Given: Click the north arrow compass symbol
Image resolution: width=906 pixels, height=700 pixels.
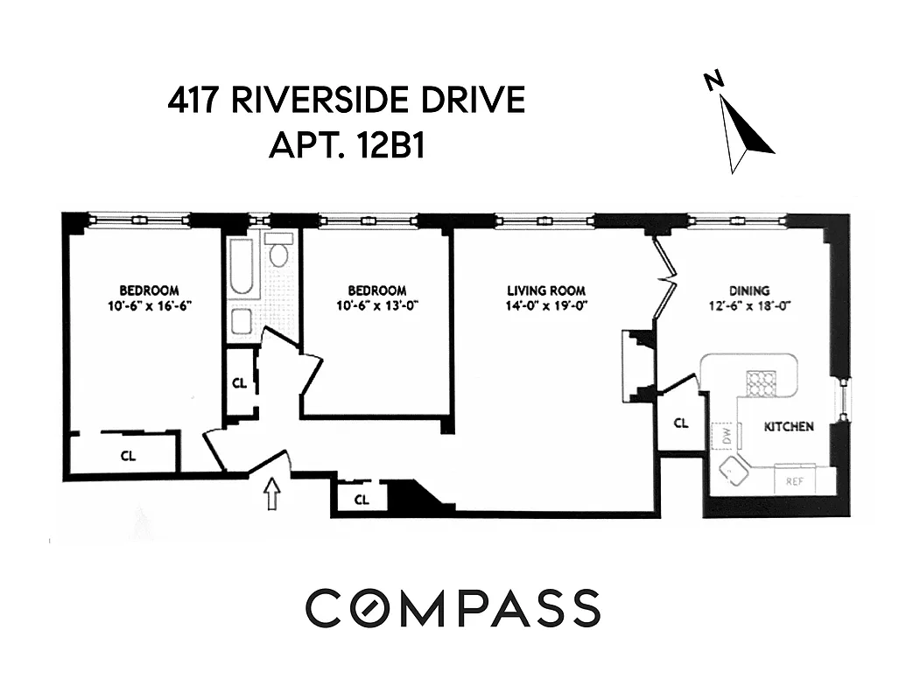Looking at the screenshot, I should [x=744, y=131].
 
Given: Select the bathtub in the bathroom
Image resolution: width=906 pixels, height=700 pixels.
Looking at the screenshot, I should [x=242, y=266].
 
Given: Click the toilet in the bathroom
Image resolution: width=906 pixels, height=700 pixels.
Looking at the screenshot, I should [x=279, y=254].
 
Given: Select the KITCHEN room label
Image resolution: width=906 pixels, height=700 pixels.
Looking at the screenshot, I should [x=789, y=427].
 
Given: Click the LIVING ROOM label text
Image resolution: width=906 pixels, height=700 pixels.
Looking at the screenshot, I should [x=546, y=290].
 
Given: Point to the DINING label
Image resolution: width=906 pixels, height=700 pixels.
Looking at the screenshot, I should [x=749, y=290].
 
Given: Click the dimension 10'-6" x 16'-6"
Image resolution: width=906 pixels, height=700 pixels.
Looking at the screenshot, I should [x=149, y=306].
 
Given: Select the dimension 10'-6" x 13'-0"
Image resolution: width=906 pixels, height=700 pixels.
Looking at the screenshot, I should [x=376, y=306].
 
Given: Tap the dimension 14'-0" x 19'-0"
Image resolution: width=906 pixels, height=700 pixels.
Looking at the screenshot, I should [x=546, y=306].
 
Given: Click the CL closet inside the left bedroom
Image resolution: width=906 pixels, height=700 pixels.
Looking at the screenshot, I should [x=129, y=455].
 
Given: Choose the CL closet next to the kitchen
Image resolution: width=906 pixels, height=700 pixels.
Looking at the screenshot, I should [x=681, y=423].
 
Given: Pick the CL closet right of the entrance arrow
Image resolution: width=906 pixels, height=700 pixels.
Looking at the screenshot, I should [x=361, y=500].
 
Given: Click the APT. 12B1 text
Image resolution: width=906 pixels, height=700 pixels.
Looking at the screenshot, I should [x=347, y=145].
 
